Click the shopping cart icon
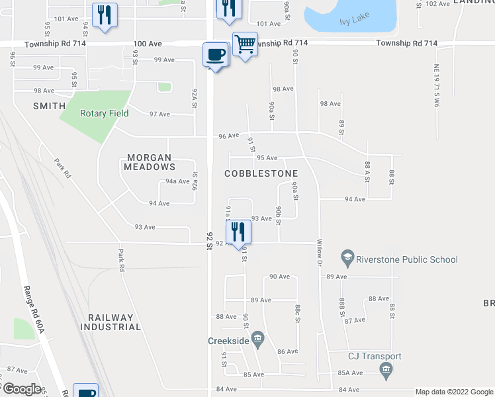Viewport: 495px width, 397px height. click(245, 44)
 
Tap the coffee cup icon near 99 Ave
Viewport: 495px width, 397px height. click(216, 54)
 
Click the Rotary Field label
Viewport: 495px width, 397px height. click(105, 113)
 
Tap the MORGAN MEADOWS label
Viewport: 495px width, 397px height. click(150, 162)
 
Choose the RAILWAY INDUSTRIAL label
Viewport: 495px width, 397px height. click(111, 322)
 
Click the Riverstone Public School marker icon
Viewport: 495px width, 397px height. click(347, 255)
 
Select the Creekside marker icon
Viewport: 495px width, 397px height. click(258, 340)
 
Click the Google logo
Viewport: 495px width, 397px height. click(21, 389)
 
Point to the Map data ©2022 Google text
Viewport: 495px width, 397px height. click(454, 392)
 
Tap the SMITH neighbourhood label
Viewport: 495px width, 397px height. click(50, 106)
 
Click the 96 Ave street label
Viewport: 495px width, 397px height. click(228, 136)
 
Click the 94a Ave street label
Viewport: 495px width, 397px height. click(177, 181)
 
